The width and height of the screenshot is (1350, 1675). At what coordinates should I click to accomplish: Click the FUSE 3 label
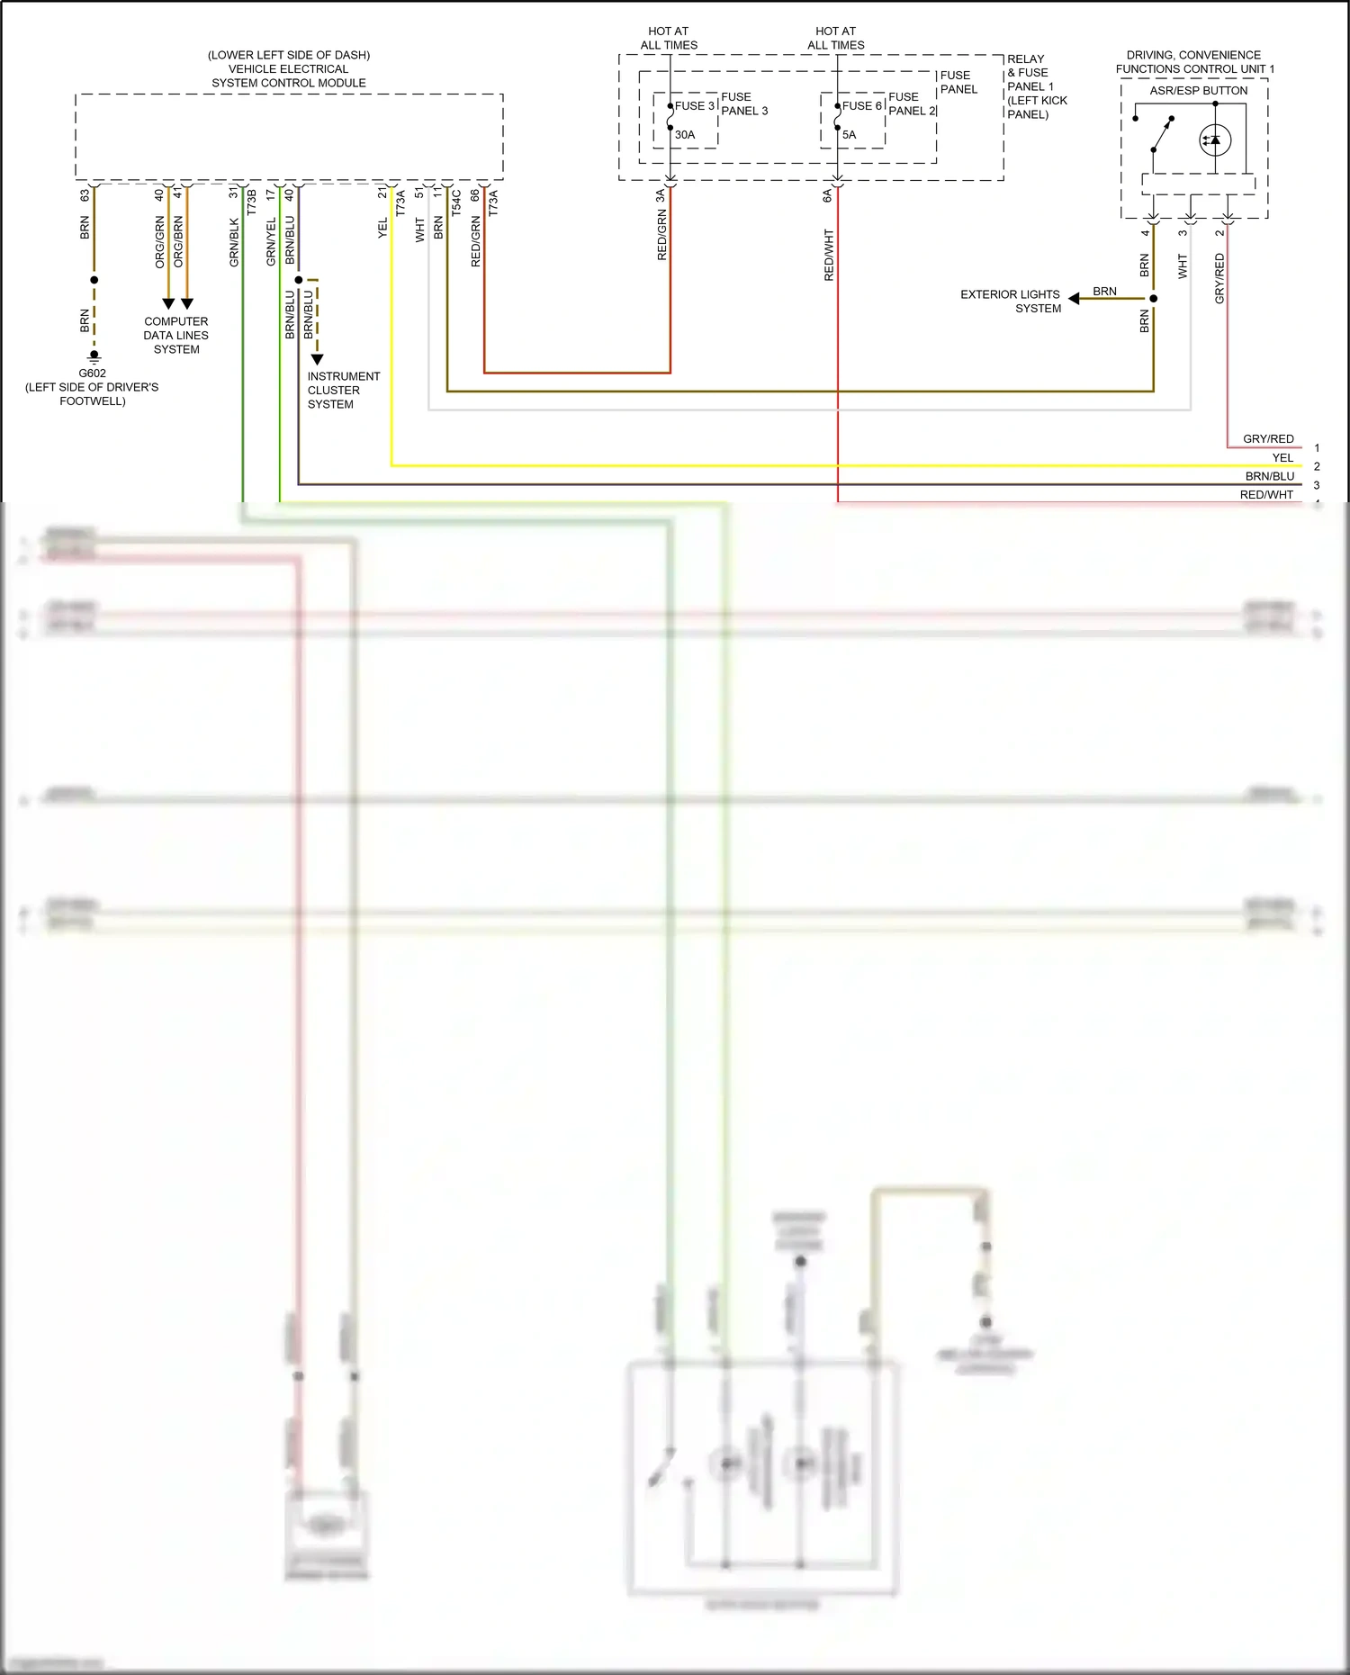coord(695,106)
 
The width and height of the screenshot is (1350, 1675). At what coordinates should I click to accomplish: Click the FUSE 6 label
coord(861,106)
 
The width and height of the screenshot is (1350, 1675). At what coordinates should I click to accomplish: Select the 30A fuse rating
coord(685,135)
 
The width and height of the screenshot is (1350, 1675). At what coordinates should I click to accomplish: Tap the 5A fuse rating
coord(850,135)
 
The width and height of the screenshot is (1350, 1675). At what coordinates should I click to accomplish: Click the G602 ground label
coord(92,374)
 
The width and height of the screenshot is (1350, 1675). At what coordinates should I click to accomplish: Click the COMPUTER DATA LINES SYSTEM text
coord(176,335)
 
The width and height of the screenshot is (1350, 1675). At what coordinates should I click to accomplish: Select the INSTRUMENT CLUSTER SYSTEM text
coord(343,390)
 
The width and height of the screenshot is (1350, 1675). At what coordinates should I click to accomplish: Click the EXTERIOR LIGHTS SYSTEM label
coord(1011,301)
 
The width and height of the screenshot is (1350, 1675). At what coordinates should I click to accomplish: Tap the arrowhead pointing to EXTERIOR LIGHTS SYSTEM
coord(1074,298)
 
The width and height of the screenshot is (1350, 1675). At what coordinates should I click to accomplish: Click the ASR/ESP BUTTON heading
coord(1198,91)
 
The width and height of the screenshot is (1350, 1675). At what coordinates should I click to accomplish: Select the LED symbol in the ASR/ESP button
coord(1215,140)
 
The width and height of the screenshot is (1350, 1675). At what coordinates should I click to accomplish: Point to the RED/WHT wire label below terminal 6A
coord(829,255)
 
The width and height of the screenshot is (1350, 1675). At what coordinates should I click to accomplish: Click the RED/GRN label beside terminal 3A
coord(662,236)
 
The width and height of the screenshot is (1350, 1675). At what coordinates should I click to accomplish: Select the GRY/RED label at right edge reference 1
coord(1268,439)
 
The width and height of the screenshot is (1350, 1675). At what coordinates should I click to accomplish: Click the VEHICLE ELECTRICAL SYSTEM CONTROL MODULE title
coord(289,69)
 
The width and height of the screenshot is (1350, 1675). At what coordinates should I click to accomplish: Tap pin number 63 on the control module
coord(85,194)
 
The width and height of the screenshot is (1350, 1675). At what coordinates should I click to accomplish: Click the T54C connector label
coord(457,202)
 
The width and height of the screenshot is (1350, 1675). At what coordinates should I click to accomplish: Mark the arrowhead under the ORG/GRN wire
coord(168,304)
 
